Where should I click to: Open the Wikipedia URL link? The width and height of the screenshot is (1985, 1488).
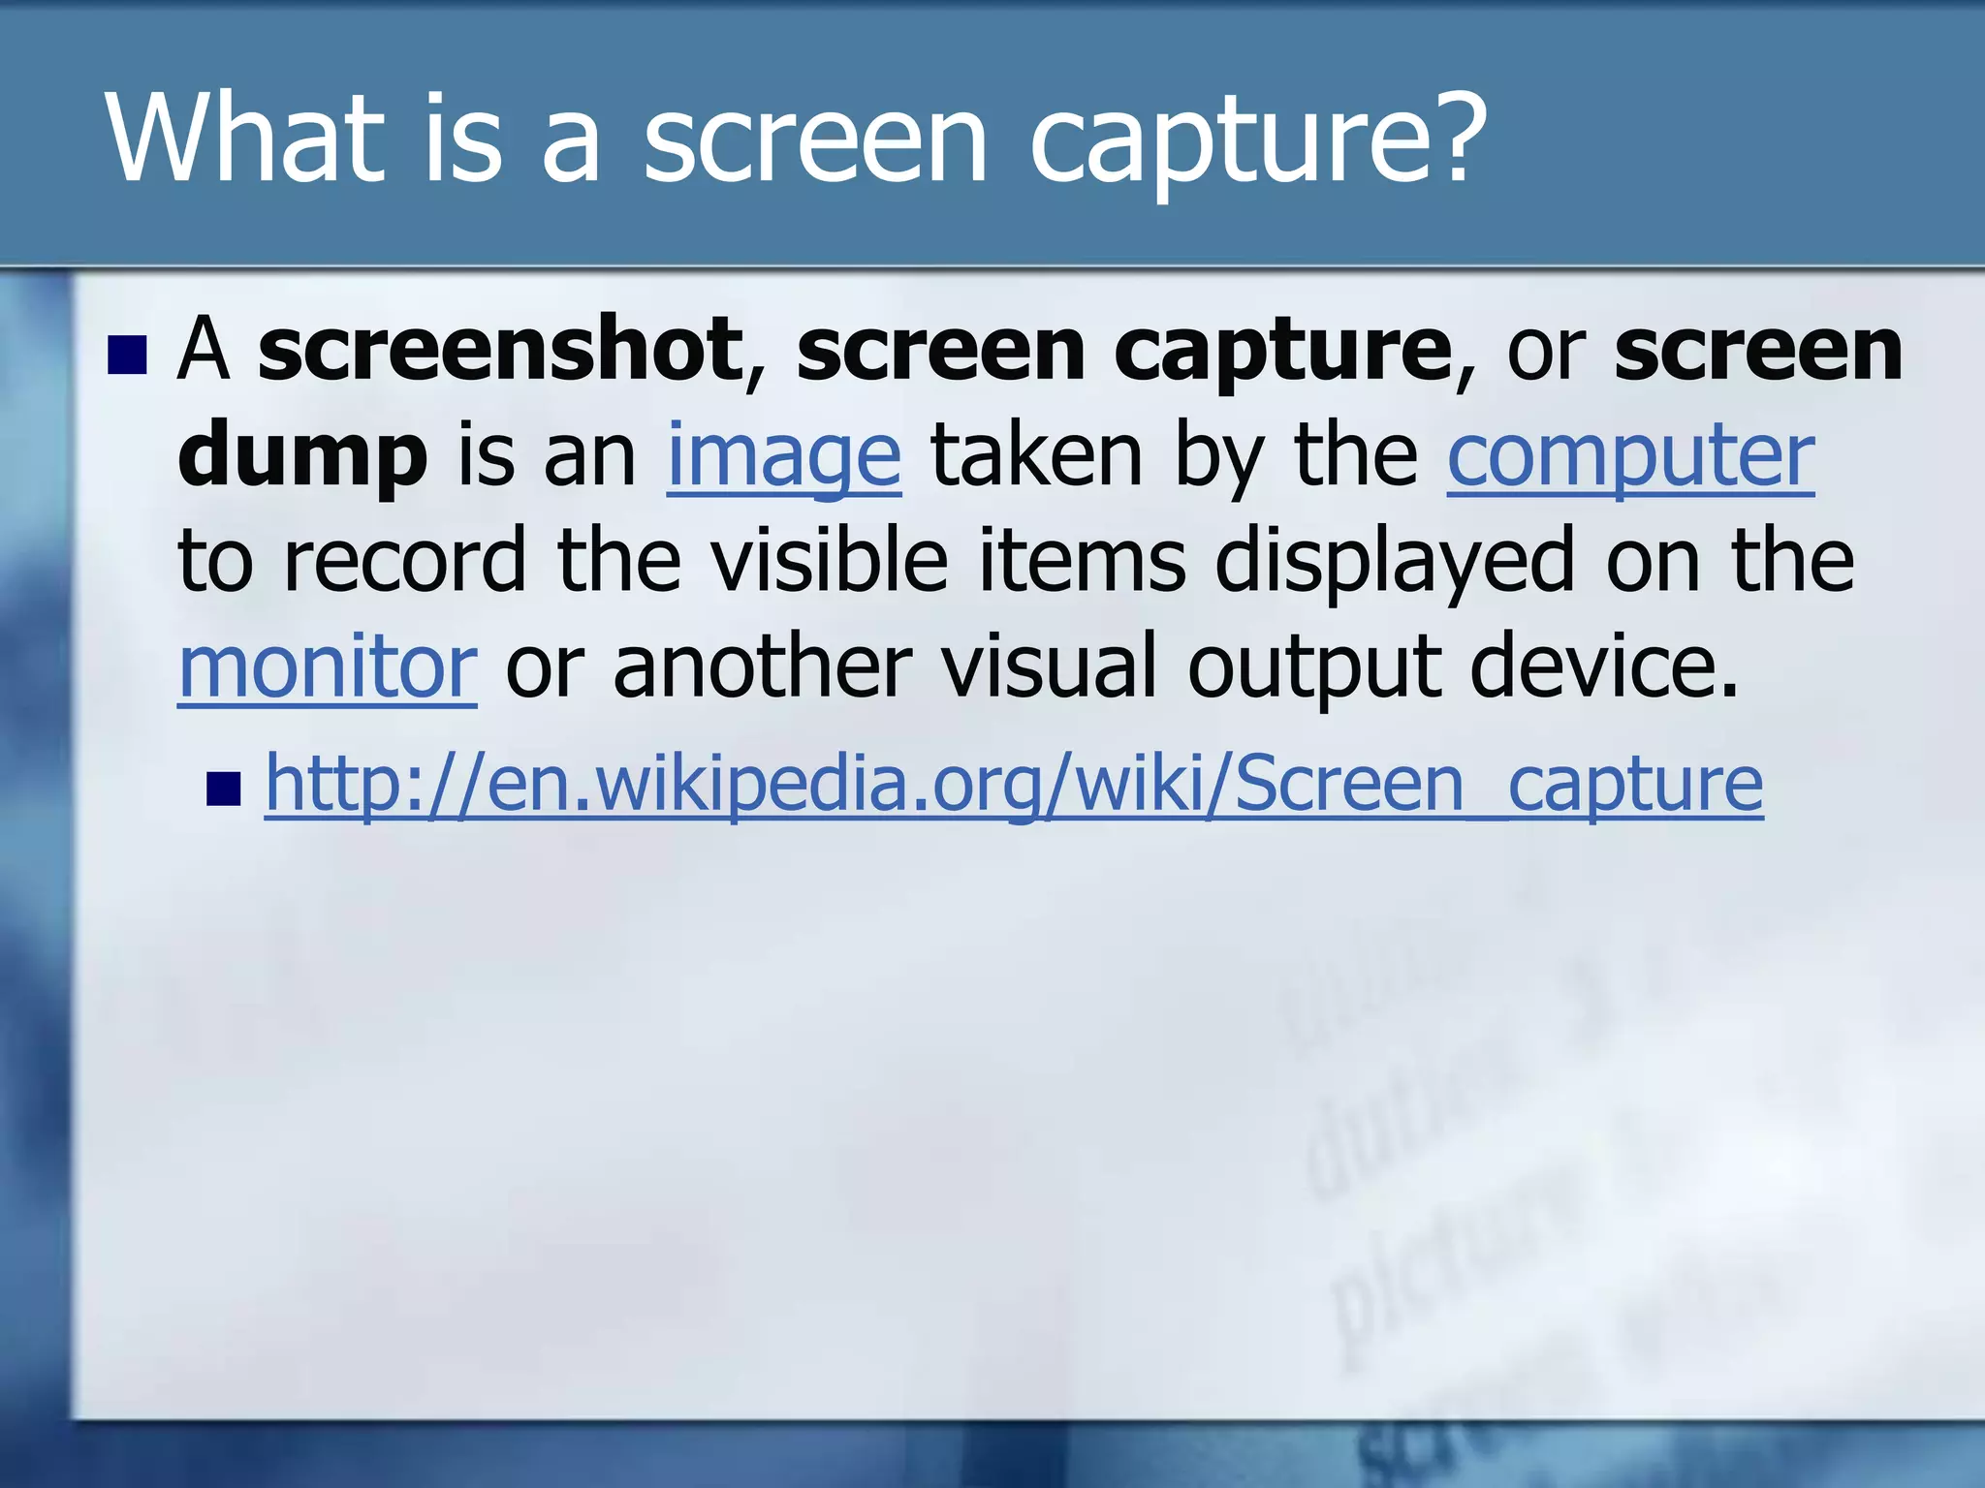click(x=1014, y=785)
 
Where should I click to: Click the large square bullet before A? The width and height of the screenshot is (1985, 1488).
click(x=127, y=356)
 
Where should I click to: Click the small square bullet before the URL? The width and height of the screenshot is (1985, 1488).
click(x=223, y=789)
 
